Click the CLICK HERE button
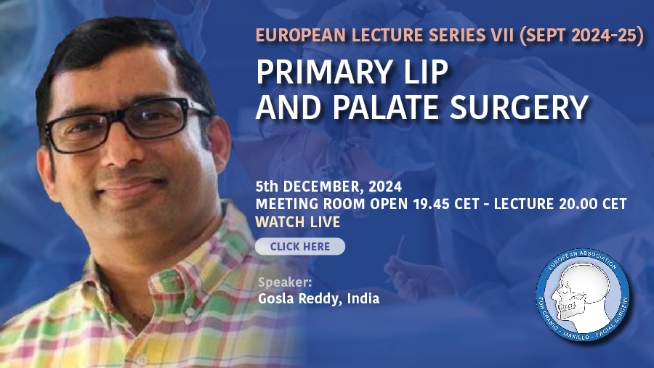tap(300, 246)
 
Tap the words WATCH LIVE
tap(298, 222)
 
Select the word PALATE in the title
tap(386, 107)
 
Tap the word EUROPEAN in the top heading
tap(300, 36)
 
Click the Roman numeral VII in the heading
tap(502, 36)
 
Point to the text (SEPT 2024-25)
tap(582, 36)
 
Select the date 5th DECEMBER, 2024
tap(328, 187)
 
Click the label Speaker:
tap(285, 282)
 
